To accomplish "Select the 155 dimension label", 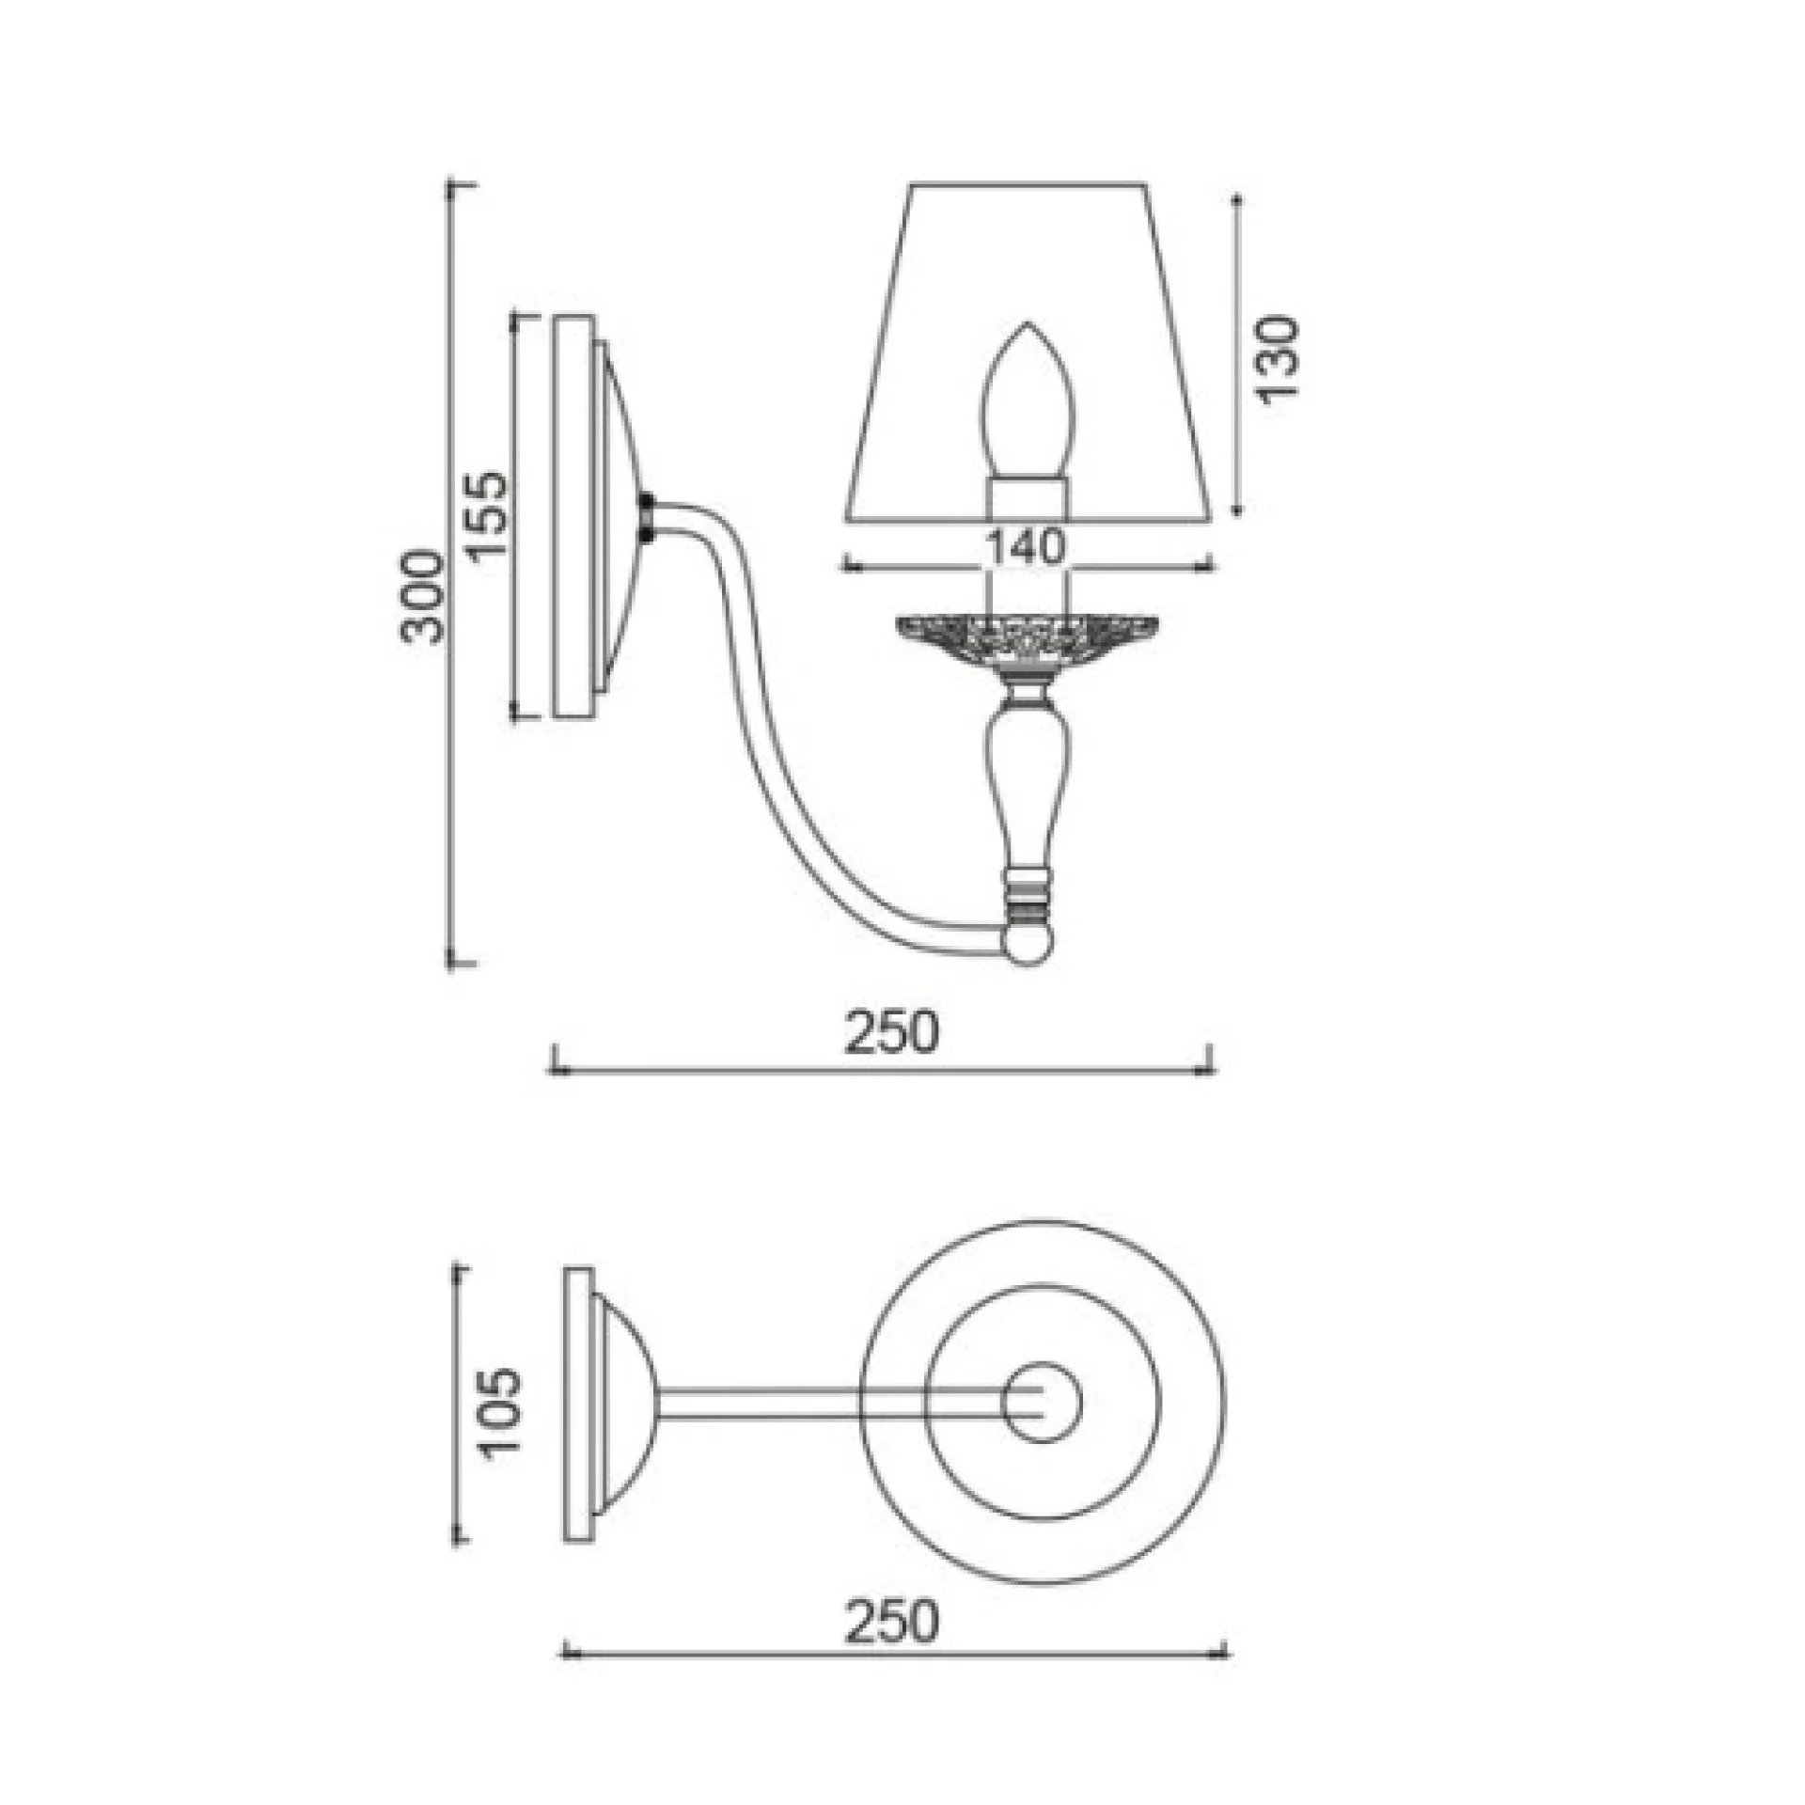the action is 487,515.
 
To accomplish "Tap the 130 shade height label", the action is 1277,359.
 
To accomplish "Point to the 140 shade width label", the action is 1026,546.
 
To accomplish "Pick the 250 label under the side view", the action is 889,1031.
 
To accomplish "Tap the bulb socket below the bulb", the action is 1027,498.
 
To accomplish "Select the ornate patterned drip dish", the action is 1027,640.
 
